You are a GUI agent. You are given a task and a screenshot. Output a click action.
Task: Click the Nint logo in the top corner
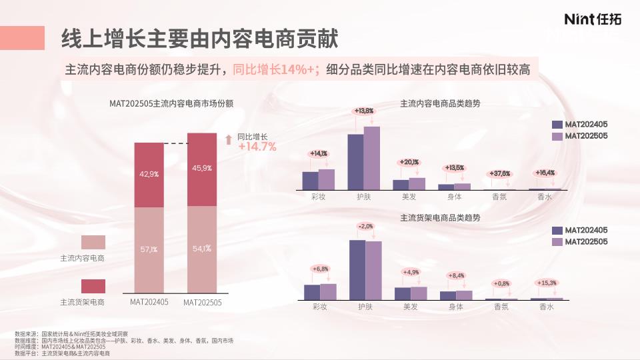pos(592,19)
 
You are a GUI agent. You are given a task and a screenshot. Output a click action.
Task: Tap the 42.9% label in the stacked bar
pos(149,174)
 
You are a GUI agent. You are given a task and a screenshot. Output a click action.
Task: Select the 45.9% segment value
pos(202,168)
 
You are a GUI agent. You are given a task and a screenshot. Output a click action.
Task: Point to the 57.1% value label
pos(149,250)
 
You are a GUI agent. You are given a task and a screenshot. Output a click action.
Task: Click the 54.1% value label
pos(202,249)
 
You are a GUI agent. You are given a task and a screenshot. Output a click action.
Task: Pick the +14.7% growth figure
pos(257,147)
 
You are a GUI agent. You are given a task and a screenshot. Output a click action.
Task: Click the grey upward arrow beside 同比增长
pos(228,139)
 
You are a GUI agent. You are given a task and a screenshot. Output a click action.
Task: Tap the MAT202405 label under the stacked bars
pos(149,302)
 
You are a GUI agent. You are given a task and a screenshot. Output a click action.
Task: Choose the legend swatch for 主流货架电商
pos(93,286)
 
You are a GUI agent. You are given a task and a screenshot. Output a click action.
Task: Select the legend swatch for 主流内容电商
pos(93,241)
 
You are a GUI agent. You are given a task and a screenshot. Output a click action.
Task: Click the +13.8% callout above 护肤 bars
pos(364,111)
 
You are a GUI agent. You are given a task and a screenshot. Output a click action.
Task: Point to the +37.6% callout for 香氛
pos(500,173)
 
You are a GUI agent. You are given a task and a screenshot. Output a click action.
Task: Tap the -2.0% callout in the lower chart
pos(365,227)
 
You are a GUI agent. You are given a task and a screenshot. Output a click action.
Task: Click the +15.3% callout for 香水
pos(547,283)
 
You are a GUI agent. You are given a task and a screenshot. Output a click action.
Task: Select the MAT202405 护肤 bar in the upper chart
pos(356,162)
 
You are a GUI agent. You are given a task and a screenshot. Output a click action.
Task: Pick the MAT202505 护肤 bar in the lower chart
pos(373,270)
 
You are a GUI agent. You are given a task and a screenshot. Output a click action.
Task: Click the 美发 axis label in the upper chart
pos(409,197)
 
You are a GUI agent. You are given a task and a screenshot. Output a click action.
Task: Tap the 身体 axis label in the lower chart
pos(456,307)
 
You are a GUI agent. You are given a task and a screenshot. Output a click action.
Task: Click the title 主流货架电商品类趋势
pos(440,217)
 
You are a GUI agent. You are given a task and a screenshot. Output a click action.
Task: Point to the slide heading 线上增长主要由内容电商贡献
pos(199,39)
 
